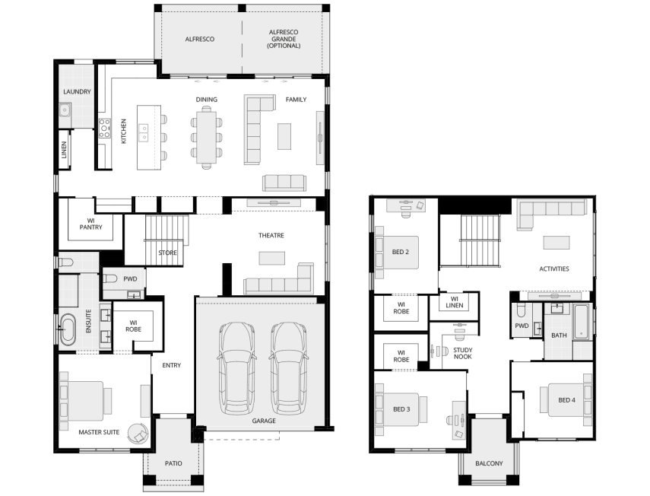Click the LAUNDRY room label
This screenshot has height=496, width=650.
pyautogui.click(x=77, y=91)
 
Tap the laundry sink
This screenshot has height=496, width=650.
pyautogui.click(x=65, y=110)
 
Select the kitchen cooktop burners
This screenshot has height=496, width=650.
pyautogui.click(x=104, y=128)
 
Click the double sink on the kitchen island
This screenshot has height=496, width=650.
pyautogui.click(x=144, y=132)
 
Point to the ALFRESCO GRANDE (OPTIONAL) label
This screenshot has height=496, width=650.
pyautogui.click(x=284, y=39)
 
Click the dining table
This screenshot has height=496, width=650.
pyautogui.click(x=206, y=137)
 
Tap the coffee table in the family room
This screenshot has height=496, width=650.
pyautogui.click(x=284, y=136)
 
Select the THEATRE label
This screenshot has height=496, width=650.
pyautogui.click(x=271, y=236)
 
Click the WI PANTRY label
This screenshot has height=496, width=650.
pyautogui.click(x=90, y=224)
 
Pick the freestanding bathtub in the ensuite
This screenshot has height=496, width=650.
pyautogui.click(x=67, y=329)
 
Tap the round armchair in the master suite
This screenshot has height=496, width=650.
pyautogui.click(x=138, y=434)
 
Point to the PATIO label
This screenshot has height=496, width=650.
pyautogui.click(x=173, y=463)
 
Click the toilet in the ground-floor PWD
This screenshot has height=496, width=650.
pyautogui.click(x=109, y=278)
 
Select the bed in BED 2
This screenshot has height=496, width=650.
pyautogui.click(x=397, y=252)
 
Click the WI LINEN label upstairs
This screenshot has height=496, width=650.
pyautogui.click(x=455, y=302)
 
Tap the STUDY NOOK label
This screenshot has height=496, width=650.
pyautogui.click(x=463, y=353)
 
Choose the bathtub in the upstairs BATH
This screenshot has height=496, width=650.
pyautogui.click(x=581, y=323)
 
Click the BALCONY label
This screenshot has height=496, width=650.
pyautogui.click(x=489, y=463)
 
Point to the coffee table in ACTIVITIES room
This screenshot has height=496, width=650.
pyautogui.click(x=556, y=242)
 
